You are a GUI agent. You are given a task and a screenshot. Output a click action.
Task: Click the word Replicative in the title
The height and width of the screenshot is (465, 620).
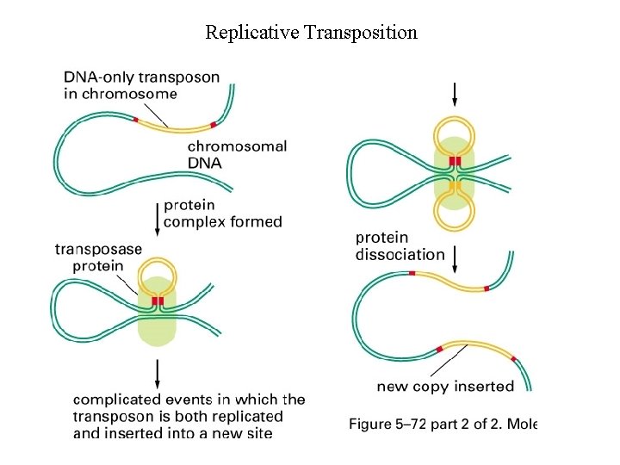(x=249, y=33)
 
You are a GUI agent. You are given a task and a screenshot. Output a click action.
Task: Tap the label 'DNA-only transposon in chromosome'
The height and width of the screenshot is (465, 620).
(x=141, y=85)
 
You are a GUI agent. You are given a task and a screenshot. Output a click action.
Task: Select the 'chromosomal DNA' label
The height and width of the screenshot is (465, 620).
(x=237, y=155)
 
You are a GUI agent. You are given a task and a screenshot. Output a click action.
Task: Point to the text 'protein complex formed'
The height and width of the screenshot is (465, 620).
(x=222, y=214)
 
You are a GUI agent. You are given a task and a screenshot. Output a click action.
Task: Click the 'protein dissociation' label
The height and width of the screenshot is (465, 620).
(x=400, y=246)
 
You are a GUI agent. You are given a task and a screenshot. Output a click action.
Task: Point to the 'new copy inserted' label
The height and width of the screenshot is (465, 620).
(x=445, y=387)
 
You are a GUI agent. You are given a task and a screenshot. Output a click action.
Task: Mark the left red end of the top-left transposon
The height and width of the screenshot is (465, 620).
(x=136, y=120)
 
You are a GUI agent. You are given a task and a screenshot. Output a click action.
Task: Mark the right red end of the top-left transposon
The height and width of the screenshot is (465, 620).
(x=213, y=125)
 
